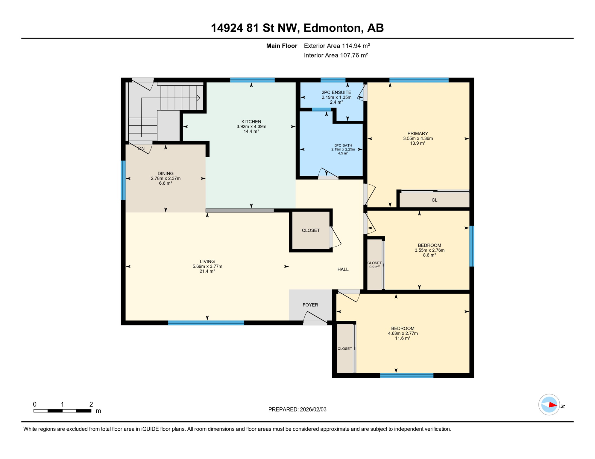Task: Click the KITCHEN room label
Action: pyautogui.click(x=251, y=122)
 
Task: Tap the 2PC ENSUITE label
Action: pyautogui.click(x=336, y=93)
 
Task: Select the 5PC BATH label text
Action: pyautogui.click(x=343, y=146)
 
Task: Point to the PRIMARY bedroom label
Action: pyautogui.click(x=418, y=134)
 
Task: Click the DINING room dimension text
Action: pyautogui.click(x=166, y=178)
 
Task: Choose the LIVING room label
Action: pyautogui.click(x=207, y=261)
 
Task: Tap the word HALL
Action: pyautogui.click(x=343, y=270)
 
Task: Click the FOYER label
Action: pyautogui.click(x=310, y=305)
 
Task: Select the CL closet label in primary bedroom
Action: pyautogui.click(x=434, y=200)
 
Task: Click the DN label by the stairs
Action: pyautogui.click(x=141, y=149)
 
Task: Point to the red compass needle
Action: pyautogui.click(x=552, y=405)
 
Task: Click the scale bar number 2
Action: pyautogui.click(x=91, y=404)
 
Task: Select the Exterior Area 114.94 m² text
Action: pyautogui.click(x=337, y=46)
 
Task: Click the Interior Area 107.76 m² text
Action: pyautogui.click(x=336, y=55)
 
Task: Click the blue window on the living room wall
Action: pyautogui.click(x=206, y=323)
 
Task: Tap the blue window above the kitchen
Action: pyautogui.click(x=252, y=80)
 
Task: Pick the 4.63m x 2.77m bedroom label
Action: pyautogui.click(x=403, y=333)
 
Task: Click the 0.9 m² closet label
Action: pyautogui.click(x=374, y=267)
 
